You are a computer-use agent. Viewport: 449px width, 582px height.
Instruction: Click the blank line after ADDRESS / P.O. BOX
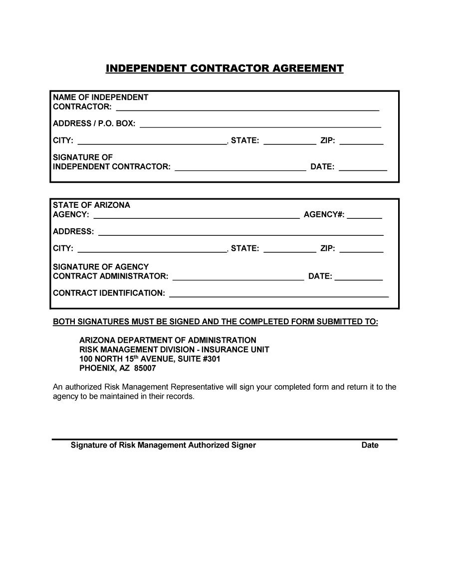click(260, 124)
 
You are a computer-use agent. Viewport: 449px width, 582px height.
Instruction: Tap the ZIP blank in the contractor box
click(361, 141)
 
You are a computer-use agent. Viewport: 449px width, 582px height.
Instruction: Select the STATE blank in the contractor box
click(289, 141)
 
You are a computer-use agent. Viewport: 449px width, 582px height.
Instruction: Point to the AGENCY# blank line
click(364, 215)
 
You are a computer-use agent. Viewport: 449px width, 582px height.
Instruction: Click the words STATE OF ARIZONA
click(91, 205)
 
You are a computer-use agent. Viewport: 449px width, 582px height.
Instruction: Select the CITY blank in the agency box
click(152, 249)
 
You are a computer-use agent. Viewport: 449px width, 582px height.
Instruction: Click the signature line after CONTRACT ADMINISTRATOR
click(238, 277)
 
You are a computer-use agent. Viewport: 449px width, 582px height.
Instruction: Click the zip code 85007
click(145, 368)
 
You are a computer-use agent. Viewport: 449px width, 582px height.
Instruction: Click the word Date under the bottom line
click(370, 445)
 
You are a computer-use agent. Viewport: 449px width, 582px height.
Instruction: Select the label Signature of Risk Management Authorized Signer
click(163, 445)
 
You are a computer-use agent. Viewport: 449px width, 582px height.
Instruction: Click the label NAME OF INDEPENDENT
click(100, 97)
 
